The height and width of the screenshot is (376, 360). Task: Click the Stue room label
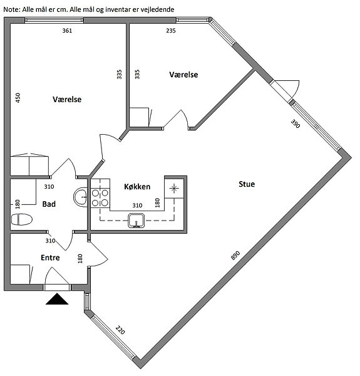pyautogui.click(x=247, y=184)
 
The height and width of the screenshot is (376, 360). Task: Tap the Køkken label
pyautogui.click(x=137, y=187)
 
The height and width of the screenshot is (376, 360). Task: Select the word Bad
pyautogui.click(x=49, y=204)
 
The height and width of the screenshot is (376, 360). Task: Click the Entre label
pyautogui.click(x=50, y=258)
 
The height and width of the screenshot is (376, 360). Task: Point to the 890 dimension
pyautogui.click(x=235, y=256)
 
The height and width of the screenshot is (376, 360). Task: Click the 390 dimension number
pyautogui.click(x=296, y=123)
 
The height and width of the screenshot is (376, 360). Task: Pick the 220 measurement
pyautogui.click(x=120, y=330)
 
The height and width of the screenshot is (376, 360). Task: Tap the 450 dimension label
pyautogui.click(x=18, y=98)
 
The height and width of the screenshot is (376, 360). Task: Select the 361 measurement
pyautogui.click(x=67, y=31)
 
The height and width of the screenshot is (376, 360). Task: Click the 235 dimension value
pyautogui.click(x=171, y=31)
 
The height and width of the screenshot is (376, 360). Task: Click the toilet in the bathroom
pyautogui.click(x=21, y=219)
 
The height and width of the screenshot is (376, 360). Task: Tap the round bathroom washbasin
pyautogui.click(x=80, y=197)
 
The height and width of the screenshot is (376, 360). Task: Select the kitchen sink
pyautogui.click(x=136, y=221)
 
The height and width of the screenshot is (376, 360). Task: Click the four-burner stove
pyautogui.click(x=100, y=198)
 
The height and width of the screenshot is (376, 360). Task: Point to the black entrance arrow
pyautogui.click(x=57, y=299)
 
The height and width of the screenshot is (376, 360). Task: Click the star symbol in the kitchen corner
pyautogui.click(x=174, y=188)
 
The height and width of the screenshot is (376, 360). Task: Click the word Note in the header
pyautogui.click(x=11, y=9)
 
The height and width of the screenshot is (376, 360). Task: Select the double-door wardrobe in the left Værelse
pyautogui.click(x=29, y=164)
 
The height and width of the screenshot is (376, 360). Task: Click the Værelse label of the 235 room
pyautogui.click(x=183, y=75)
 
